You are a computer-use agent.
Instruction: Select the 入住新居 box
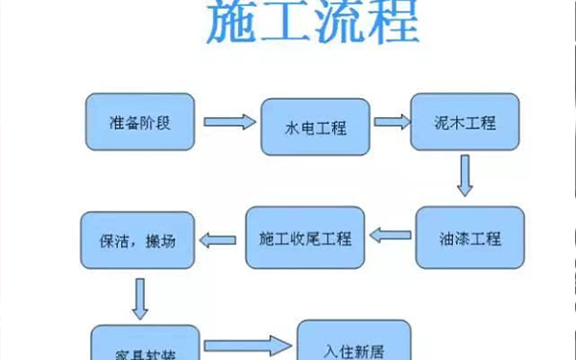[355, 341]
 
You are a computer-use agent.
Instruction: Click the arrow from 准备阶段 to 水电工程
[231, 123]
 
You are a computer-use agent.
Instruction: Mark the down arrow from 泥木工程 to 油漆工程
[466, 176]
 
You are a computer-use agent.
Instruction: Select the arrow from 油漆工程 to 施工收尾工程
[391, 234]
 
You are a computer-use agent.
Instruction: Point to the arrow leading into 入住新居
[247, 344]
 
